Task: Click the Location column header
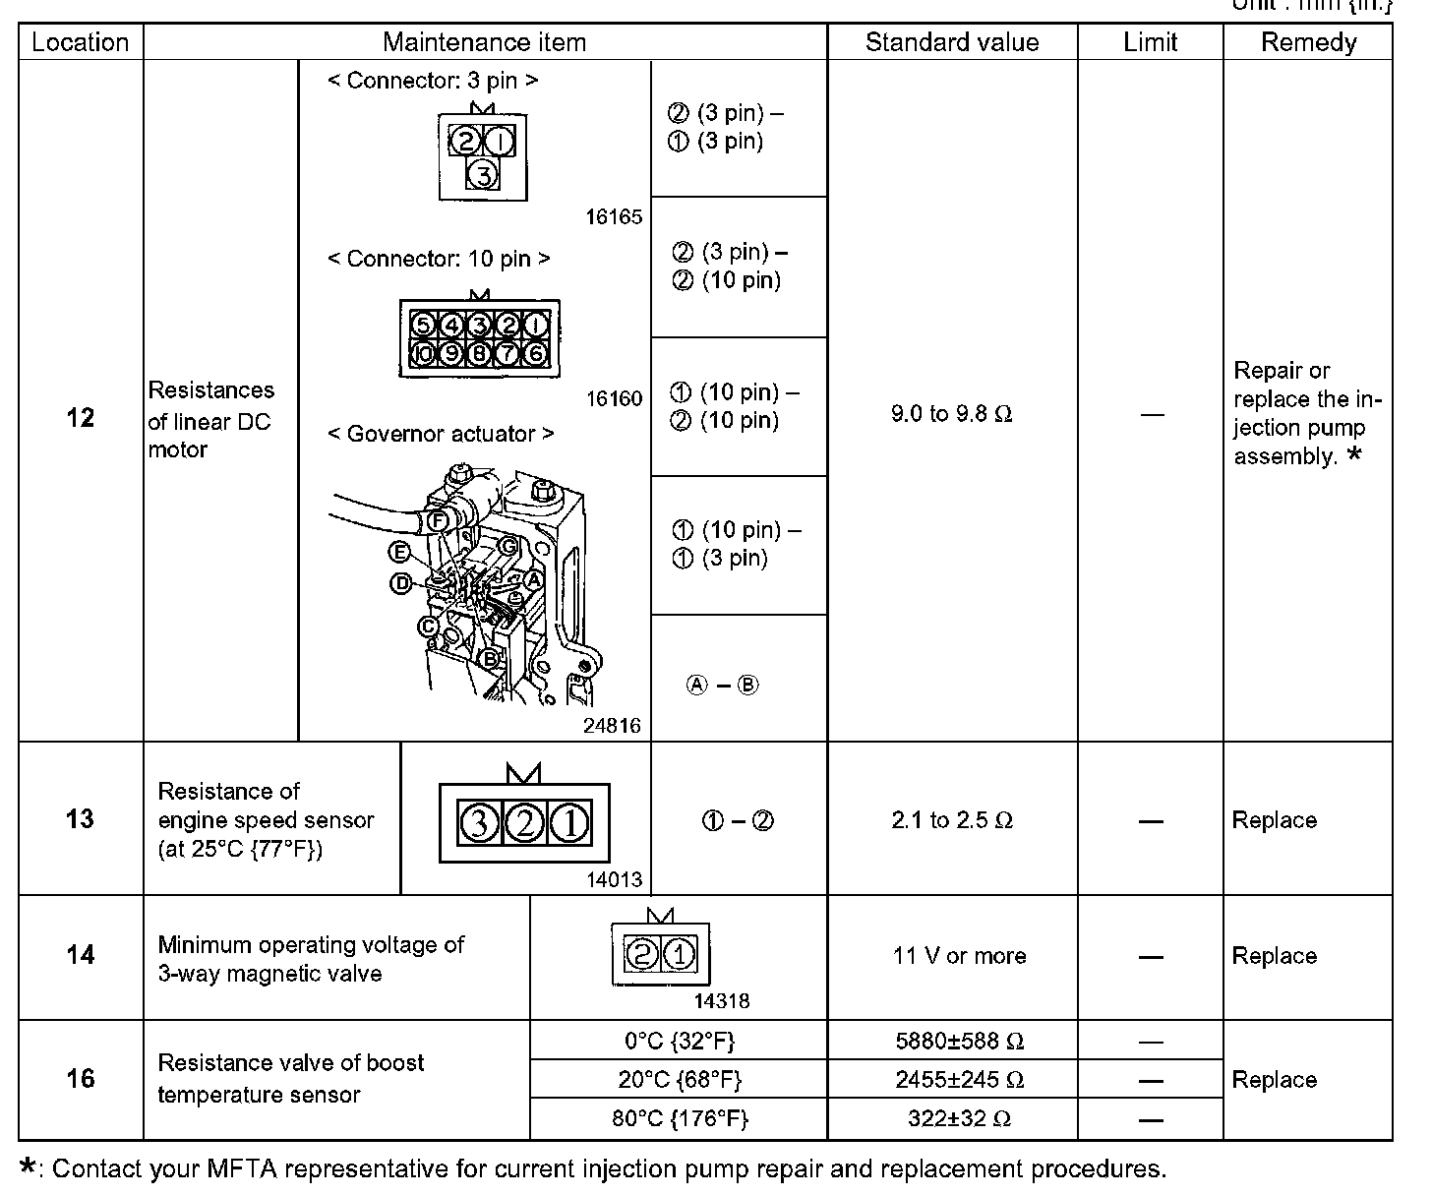tap(81, 42)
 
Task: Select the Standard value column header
tap(951, 42)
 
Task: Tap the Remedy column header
tap(1307, 42)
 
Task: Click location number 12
tap(80, 418)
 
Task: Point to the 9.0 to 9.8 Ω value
tap(951, 414)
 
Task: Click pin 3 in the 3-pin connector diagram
tap(482, 175)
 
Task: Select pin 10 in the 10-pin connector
tap(423, 352)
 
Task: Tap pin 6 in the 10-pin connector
tap(536, 352)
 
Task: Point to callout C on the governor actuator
tap(428, 627)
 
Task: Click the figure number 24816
tap(611, 726)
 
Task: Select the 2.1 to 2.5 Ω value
tap(951, 820)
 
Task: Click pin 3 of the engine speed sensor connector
tap(479, 822)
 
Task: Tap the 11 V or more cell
tap(959, 956)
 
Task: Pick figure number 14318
tap(721, 1001)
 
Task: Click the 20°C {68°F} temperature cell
tap(679, 1080)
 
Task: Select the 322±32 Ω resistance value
tap(959, 1119)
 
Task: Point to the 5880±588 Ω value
tap(959, 1041)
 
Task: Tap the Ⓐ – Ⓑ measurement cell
tap(722, 686)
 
